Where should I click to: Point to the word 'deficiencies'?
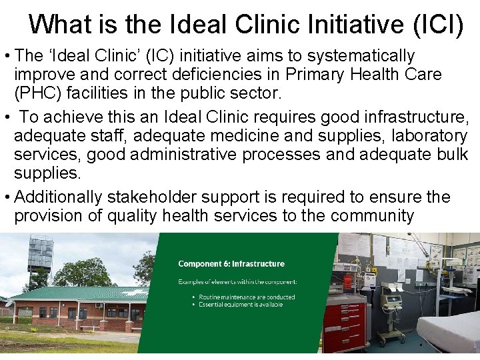214,74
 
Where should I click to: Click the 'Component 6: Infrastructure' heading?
231,264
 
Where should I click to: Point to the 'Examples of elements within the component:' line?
237,281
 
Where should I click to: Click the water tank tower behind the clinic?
41,257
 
